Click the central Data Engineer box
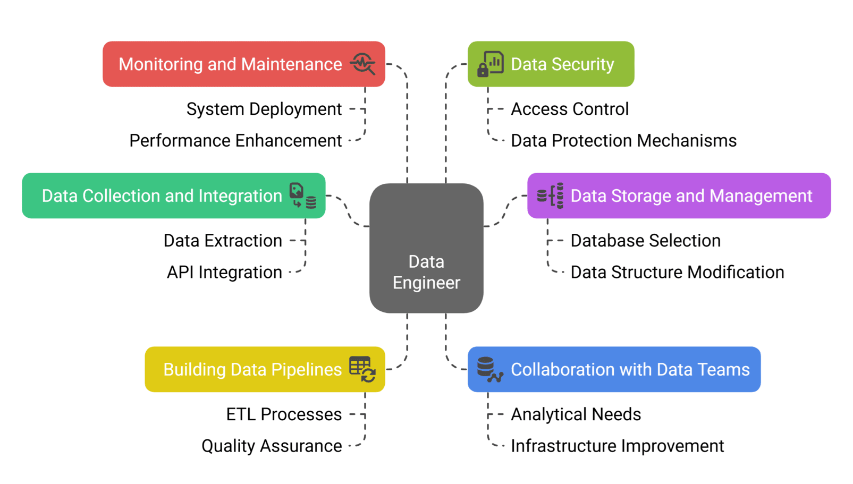426,248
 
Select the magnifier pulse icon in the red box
363,64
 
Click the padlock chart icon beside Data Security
490,64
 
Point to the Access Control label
569,109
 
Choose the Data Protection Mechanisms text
623,141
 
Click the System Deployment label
264,109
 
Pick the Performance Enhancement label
235,141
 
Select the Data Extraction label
223,241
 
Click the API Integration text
224,273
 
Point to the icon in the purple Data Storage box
550,196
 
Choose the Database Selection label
645,241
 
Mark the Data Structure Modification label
677,273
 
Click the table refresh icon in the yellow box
362,369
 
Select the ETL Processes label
284,414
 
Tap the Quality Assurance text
272,446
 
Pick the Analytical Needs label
576,414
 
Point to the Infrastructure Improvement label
617,446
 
